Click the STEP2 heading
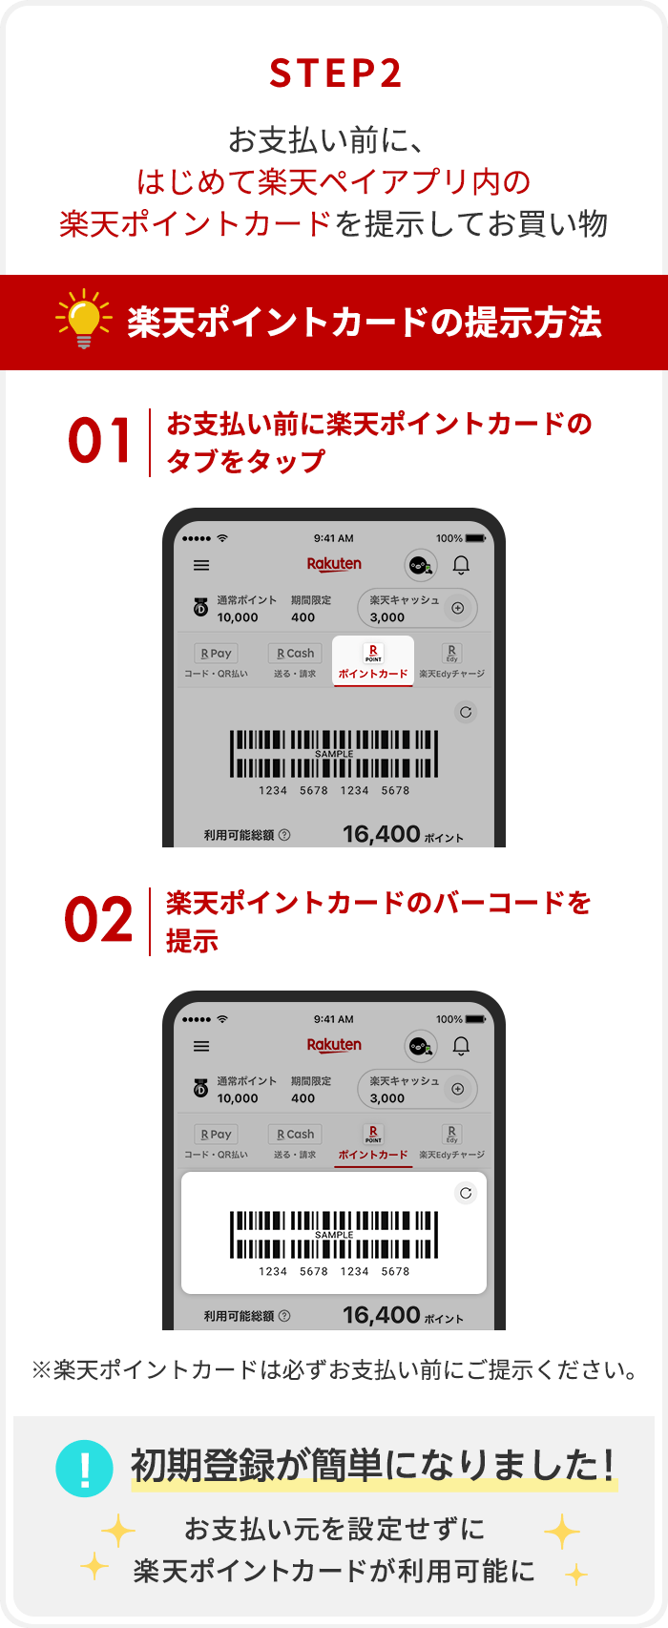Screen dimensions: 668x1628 [x=335, y=73]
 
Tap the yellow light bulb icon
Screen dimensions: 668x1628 [x=84, y=319]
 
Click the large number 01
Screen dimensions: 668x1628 [x=99, y=441]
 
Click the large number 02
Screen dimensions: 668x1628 [x=98, y=919]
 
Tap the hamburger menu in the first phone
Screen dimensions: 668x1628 [x=201, y=565]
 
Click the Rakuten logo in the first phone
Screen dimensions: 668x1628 [x=334, y=564]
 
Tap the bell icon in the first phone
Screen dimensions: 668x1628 [x=461, y=565]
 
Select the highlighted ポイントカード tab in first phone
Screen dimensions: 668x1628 [x=373, y=660]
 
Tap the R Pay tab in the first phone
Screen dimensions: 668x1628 [x=216, y=660]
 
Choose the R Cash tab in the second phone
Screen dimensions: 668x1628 [x=295, y=1141]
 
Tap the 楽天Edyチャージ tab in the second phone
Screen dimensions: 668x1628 [x=451, y=1141]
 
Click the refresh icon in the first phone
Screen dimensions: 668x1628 [x=466, y=712]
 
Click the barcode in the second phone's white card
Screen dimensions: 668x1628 [x=334, y=1234]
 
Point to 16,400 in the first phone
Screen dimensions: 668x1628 [x=382, y=834]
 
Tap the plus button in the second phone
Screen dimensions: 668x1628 [x=458, y=1089]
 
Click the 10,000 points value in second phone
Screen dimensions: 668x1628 [x=238, y=1098]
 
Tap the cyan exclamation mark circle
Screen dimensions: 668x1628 [x=84, y=1468]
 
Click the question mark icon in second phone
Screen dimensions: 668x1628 [x=285, y=1316]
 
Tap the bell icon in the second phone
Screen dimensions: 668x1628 [x=461, y=1046]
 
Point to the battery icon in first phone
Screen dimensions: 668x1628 [x=475, y=538]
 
